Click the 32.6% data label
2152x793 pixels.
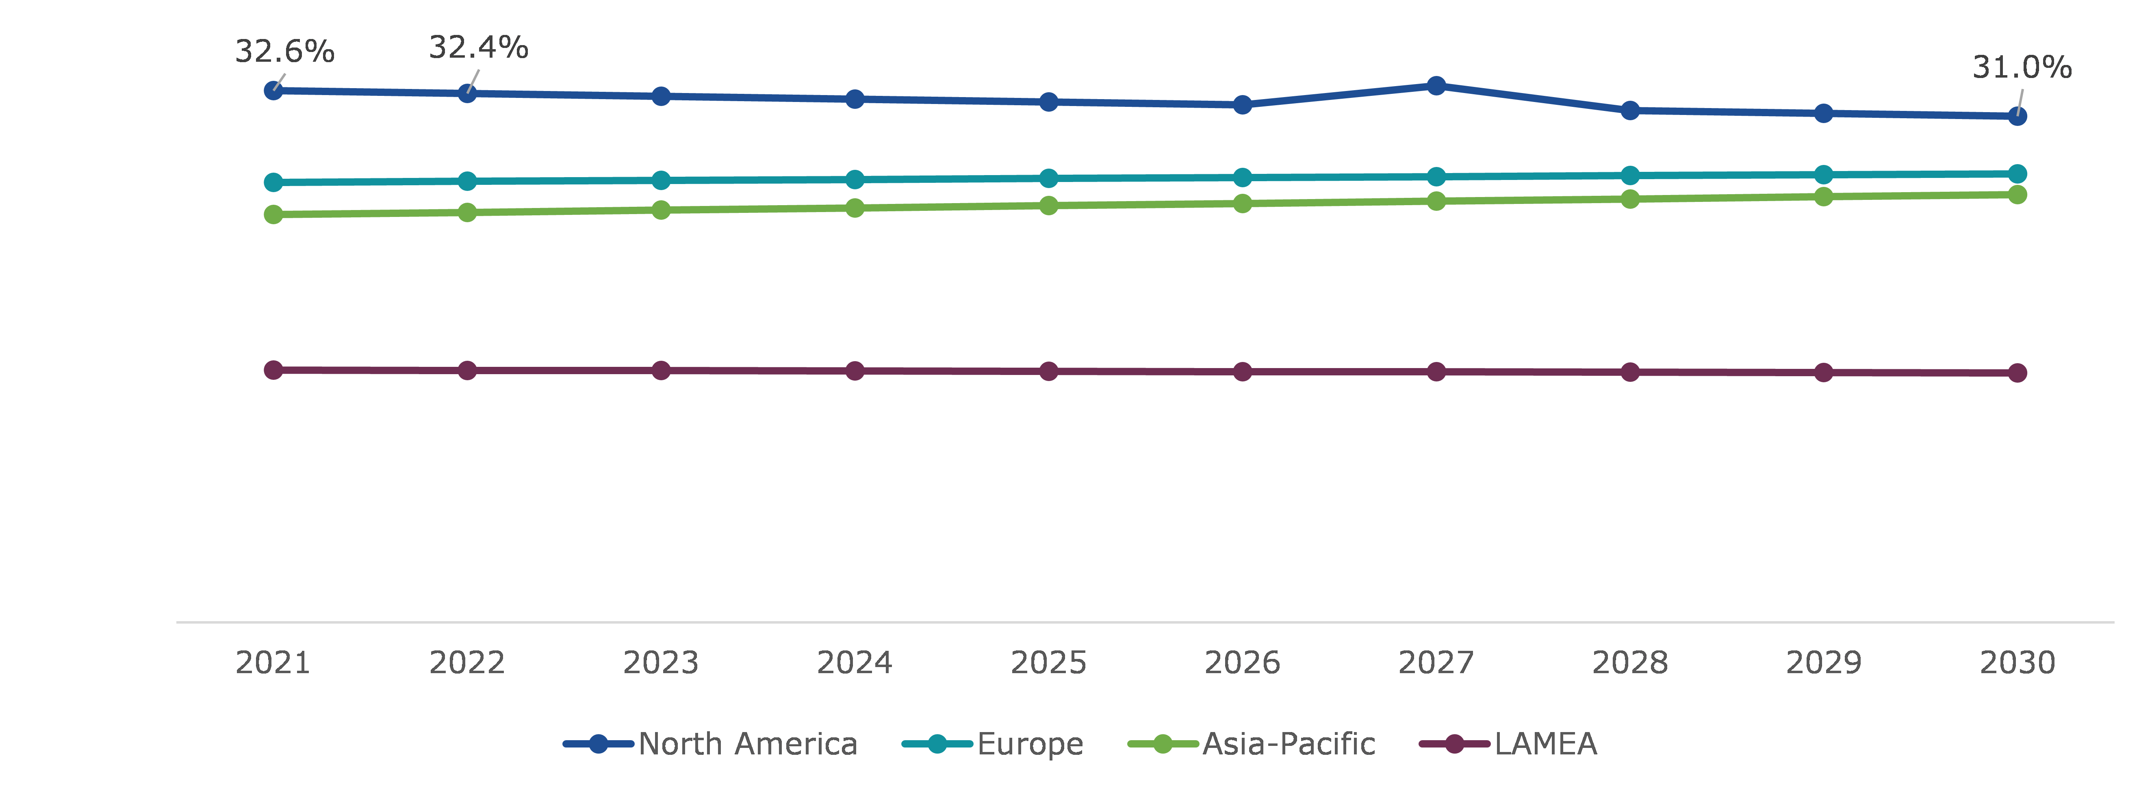pos(285,52)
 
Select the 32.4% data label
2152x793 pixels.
pos(479,48)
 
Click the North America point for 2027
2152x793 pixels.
pos(1436,86)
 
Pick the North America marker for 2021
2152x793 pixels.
pos(273,90)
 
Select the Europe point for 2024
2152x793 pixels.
pos(855,180)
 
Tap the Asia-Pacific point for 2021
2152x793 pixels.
pos(273,215)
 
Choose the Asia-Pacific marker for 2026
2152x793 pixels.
pos(1242,203)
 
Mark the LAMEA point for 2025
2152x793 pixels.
pos(1048,371)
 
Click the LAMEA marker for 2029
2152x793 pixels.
pos(1824,372)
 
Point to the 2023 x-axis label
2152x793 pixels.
pos(661,663)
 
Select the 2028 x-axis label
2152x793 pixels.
pos(1630,663)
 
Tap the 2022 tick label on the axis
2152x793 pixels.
pos(467,663)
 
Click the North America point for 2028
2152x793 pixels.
pos(1630,110)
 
